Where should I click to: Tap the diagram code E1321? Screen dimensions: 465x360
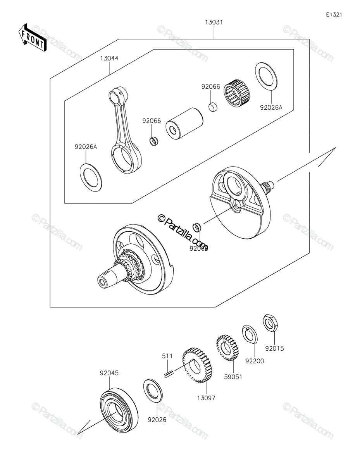(334, 15)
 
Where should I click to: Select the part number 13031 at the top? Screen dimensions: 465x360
(214, 22)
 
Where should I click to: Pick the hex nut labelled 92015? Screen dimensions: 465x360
(270, 323)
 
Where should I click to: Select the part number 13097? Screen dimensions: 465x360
(206, 398)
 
